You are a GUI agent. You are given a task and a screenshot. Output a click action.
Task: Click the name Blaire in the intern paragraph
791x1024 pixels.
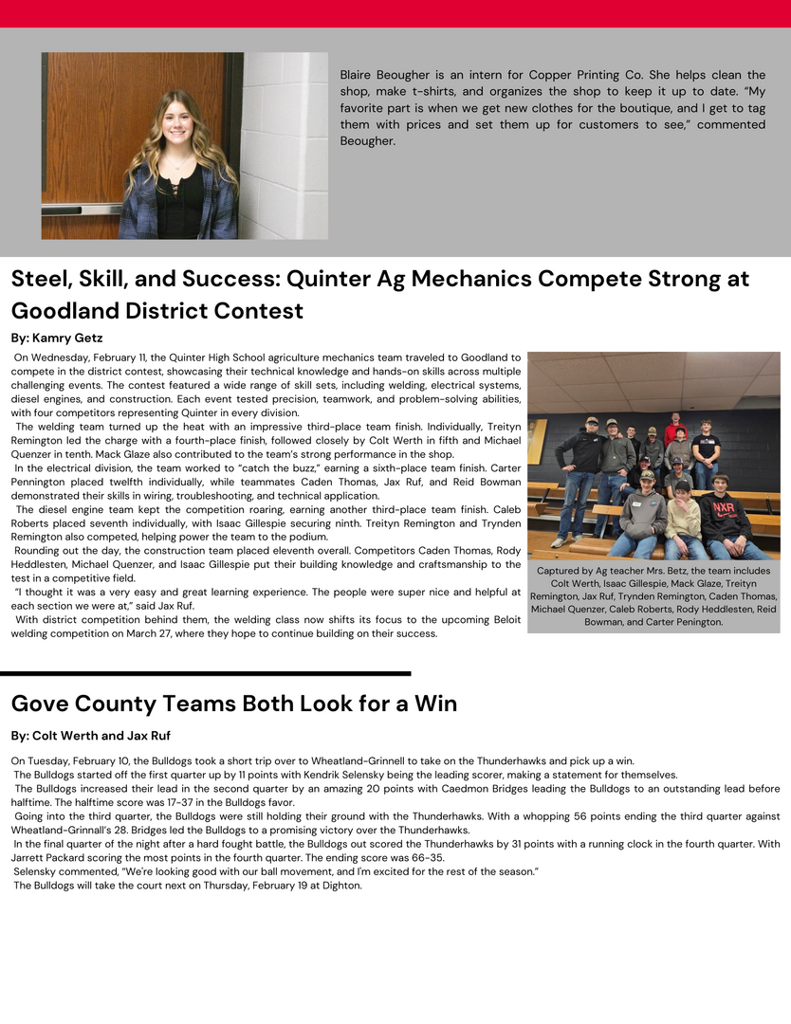click(x=359, y=75)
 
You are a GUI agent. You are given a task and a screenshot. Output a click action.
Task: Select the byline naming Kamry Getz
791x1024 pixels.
click(x=57, y=338)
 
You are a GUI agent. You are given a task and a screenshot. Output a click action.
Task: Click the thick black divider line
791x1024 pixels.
click(x=205, y=673)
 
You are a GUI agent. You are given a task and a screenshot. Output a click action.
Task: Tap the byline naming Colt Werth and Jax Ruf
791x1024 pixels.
click(x=91, y=736)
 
